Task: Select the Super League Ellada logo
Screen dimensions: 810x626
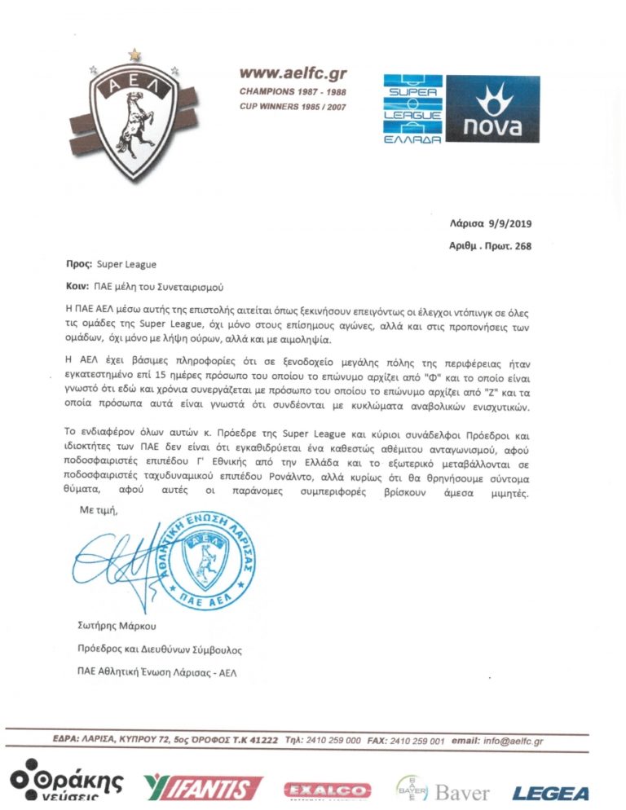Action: coord(413,109)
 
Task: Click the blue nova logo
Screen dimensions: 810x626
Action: coord(493,109)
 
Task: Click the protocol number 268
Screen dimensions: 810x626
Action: coord(521,245)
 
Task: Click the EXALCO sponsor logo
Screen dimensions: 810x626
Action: coord(327,790)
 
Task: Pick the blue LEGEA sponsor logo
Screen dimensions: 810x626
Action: coord(550,792)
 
